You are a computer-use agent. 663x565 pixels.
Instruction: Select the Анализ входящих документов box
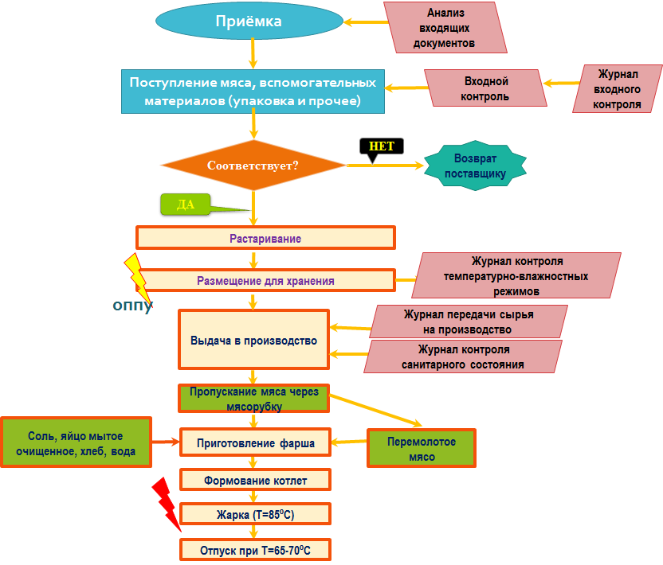444,29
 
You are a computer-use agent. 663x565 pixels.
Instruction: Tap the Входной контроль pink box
485,88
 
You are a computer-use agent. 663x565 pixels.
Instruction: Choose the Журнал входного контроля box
618,88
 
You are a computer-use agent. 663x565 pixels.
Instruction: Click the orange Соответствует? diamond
253,166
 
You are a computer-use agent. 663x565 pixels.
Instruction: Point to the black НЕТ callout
382,146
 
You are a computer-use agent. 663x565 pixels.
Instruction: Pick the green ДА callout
186,205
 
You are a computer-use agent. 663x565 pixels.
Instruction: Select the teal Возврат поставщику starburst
475,166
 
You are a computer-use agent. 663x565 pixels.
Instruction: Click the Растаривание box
265,238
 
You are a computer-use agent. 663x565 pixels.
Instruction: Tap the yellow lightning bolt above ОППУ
137,279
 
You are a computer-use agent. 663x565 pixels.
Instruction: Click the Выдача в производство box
253,340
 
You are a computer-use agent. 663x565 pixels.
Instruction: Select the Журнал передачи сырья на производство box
469,321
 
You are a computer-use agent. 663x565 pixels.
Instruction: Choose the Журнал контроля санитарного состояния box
464,357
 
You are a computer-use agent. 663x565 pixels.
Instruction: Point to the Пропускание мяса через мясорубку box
253,399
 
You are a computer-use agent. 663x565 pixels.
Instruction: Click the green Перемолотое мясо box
421,448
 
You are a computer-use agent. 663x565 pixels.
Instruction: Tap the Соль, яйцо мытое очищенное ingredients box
76,442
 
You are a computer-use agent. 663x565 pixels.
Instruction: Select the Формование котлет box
255,480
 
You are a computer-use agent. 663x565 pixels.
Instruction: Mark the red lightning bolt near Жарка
167,503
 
